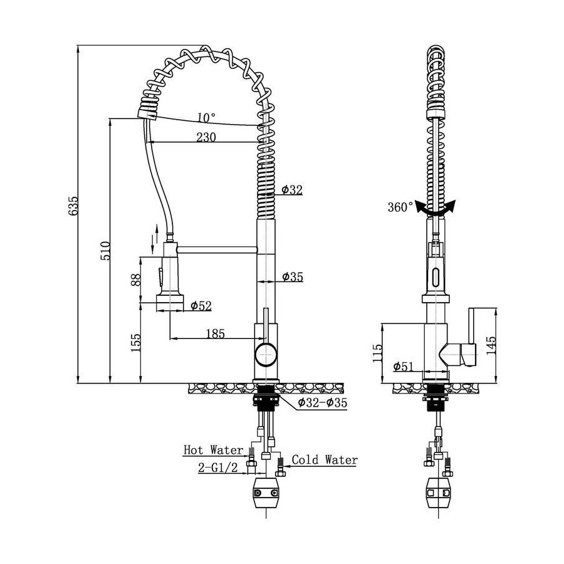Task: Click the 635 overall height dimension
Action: (73, 206)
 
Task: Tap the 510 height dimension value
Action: (105, 251)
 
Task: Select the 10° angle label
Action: (206, 117)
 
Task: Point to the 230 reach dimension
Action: (206, 137)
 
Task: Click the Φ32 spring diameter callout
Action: (291, 189)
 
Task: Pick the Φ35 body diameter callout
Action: (293, 276)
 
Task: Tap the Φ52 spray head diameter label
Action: (201, 306)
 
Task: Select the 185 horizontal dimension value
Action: (215, 334)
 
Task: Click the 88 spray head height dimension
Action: (135, 280)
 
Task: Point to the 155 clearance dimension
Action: (135, 343)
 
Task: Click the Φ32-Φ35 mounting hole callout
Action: (322, 403)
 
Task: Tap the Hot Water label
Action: (213, 449)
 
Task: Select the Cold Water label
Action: (325, 459)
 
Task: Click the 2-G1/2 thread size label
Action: (218, 467)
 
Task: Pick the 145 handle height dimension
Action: (491, 345)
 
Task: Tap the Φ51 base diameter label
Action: (403, 367)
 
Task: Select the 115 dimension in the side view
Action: (377, 353)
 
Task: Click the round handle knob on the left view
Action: (266, 354)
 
